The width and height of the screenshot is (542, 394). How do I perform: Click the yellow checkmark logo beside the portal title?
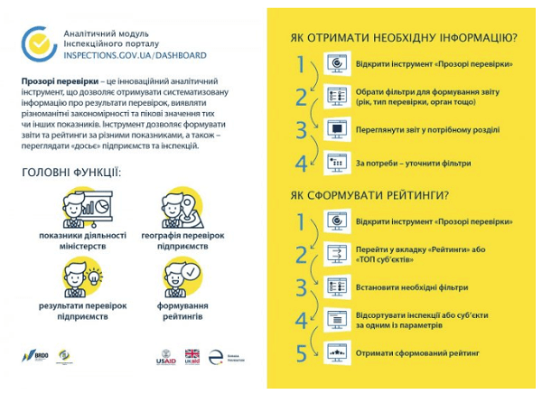point(40,42)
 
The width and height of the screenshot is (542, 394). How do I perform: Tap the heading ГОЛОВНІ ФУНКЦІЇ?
point(70,171)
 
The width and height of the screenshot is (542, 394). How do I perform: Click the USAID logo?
point(167,357)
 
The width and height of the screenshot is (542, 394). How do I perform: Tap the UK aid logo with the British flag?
point(192,357)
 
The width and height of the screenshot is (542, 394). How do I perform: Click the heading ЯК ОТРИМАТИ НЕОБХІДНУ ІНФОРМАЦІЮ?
point(403,39)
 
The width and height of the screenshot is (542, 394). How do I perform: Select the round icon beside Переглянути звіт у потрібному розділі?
point(336,130)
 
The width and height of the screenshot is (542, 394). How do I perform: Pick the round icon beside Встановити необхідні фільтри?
point(336,287)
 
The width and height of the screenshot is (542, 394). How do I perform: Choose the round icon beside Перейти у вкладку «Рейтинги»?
point(336,254)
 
